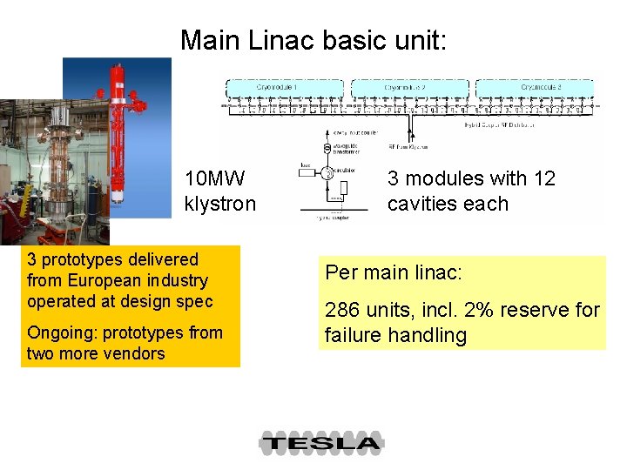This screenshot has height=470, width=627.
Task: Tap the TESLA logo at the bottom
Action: point(320,443)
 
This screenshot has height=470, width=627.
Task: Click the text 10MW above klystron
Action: point(215,178)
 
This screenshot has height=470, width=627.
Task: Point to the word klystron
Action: point(220,204)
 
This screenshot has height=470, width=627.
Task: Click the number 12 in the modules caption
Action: point(543,178)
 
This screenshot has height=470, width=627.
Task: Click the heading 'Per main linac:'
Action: point(393,272)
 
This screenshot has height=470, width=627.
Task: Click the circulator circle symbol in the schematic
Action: point(328,171)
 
